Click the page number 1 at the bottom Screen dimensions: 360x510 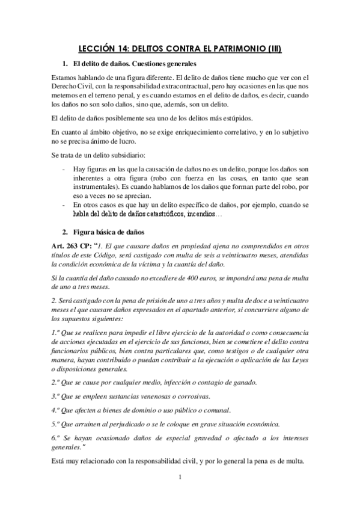pos(179,478)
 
